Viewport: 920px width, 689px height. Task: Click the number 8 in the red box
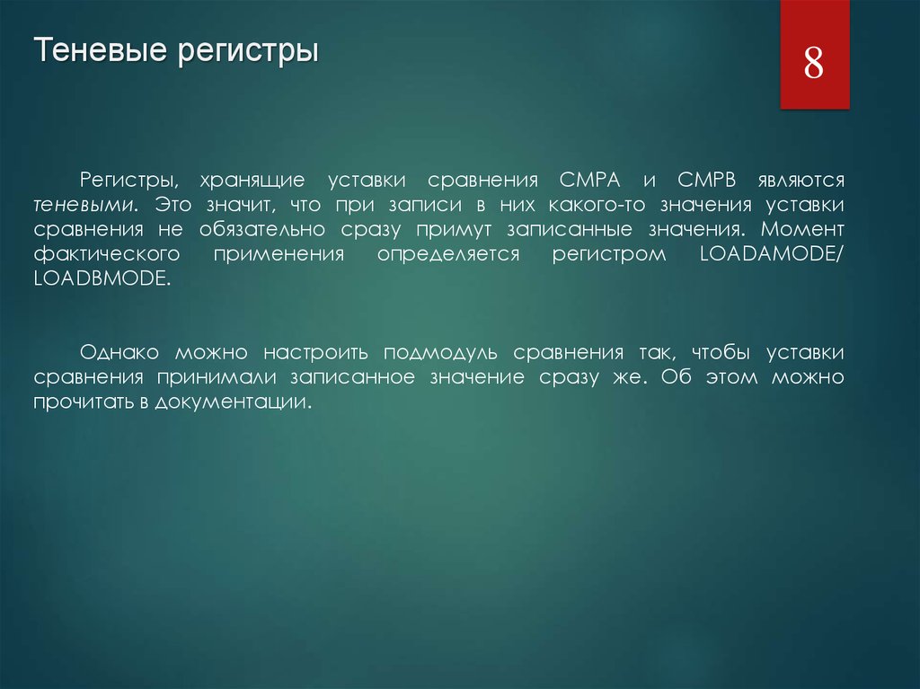coord(814,66)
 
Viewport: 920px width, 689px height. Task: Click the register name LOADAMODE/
coord(771,254)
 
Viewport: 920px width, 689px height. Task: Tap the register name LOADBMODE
coord(102,278)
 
